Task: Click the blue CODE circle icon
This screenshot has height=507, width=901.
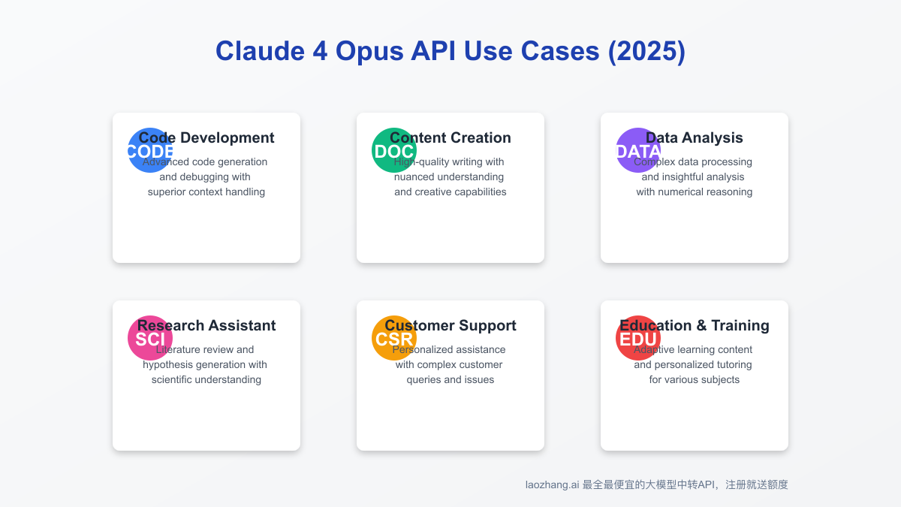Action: pos(150,150)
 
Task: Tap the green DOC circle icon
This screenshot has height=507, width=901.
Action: pos(394,150)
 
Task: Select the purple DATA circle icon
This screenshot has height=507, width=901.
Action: pos(638,150)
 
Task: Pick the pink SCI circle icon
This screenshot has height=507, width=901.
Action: pos(150,338)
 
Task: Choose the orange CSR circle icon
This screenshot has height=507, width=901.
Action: pos(394,338)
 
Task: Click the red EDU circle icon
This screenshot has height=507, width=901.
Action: pos(638,338)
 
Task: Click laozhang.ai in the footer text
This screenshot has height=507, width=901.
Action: pos(552,485)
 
